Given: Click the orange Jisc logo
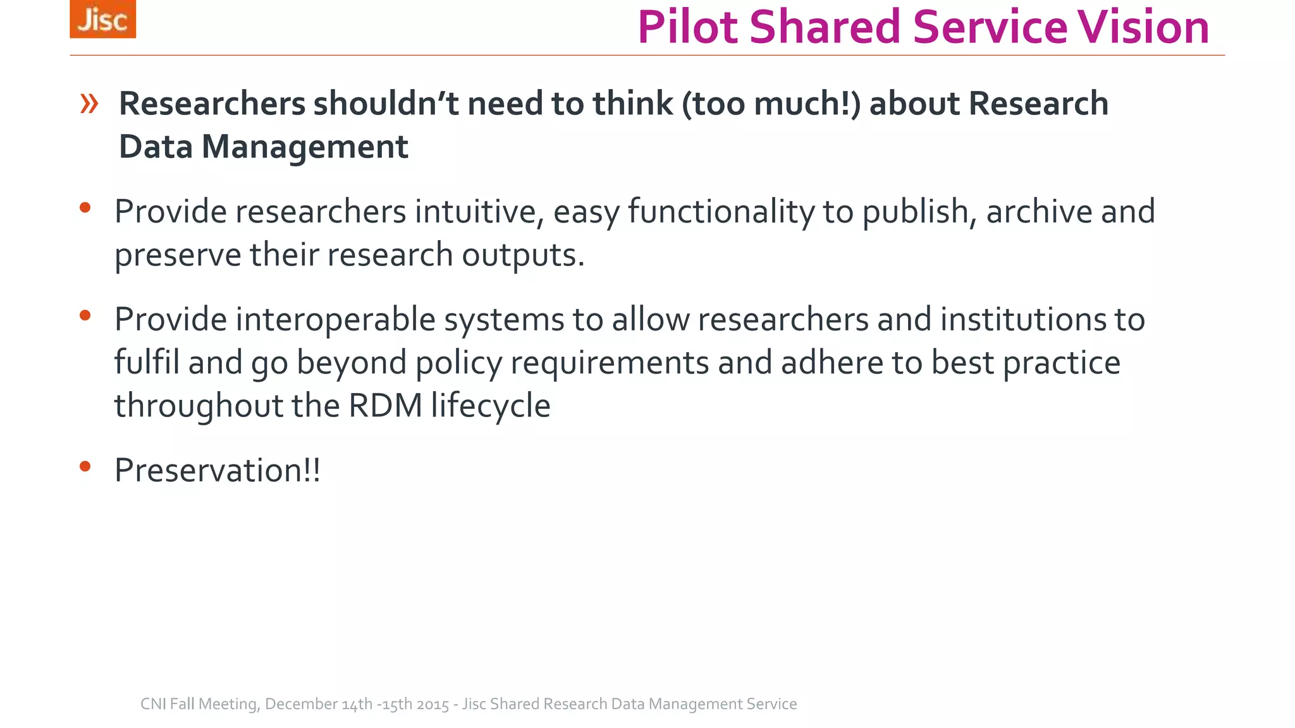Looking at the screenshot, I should [x=102, y=19].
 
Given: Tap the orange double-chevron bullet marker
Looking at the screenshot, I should [x=89, y=103].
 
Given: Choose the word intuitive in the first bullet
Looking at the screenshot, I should [x=479, y=212].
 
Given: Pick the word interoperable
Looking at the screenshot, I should [x=335, y=319].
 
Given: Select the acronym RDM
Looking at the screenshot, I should [x=385, y=406].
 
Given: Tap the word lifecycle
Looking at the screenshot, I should [x=491, y=406].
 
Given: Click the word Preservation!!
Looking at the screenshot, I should [x=218, y=471].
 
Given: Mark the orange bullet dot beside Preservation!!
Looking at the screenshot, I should [x=85, y=467].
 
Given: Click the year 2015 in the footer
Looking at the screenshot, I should [x=433, y=704].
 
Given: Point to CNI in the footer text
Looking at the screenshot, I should [x=153, y=704].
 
